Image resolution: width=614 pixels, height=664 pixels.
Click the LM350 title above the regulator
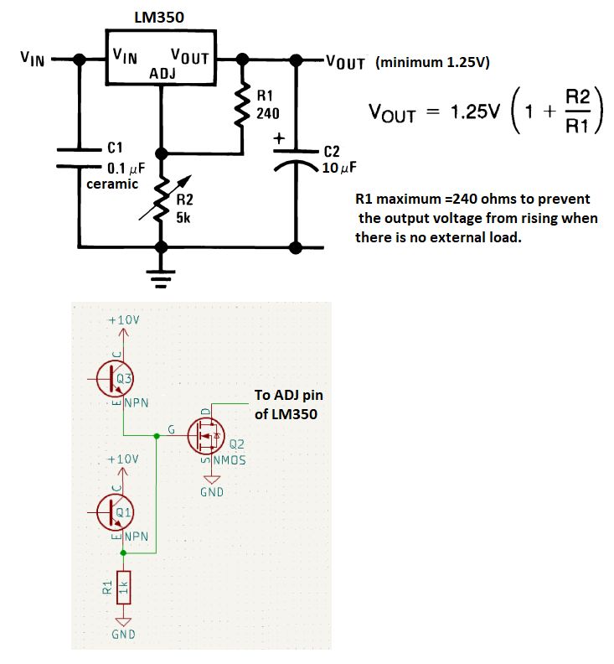159,17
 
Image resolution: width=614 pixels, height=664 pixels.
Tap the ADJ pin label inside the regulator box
162,75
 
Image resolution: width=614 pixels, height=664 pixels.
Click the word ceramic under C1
112,184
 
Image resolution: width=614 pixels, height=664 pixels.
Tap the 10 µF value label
339,167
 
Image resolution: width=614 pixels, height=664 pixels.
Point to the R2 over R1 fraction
576,112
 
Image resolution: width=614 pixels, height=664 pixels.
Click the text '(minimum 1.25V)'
433,61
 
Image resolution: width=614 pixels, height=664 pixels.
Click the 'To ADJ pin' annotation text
288,394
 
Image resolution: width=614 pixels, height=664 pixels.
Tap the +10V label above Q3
124,321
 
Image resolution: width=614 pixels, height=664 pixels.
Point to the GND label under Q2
212,492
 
